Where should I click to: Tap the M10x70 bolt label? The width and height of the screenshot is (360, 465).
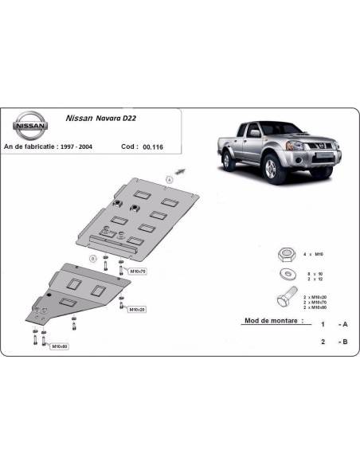pos(138,272)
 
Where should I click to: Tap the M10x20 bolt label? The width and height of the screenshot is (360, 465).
pos(137,309)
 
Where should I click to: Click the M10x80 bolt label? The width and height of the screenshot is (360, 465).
pos(59,346)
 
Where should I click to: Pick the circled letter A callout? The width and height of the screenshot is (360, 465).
pos(169,178)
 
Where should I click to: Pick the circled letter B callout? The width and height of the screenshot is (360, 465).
pos(94,259)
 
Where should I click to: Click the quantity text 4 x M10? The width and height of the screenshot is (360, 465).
pos(315,254)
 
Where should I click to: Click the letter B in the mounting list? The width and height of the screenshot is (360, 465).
pos(344,342)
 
